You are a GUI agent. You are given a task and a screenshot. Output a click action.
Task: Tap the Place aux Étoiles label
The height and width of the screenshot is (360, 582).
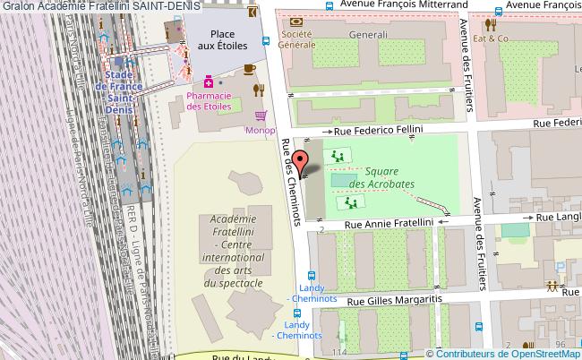pyautogui.click(x=216, y=39)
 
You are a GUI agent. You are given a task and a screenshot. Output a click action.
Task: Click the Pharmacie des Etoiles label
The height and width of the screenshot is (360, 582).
pyautogui.click(x=209, y=101)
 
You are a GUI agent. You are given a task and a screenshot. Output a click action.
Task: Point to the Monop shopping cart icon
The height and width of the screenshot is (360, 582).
pyautogui.click(x=261, y=116)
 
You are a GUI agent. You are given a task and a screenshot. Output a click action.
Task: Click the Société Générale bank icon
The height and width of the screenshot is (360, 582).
pyautogui.click(x=297, y=20)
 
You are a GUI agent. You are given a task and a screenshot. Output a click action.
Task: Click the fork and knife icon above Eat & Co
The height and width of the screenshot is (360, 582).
pyautogui.click(x=491, y=25)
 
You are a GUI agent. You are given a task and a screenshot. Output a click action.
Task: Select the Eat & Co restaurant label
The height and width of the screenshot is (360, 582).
pyautogui.click(x=491, y=39)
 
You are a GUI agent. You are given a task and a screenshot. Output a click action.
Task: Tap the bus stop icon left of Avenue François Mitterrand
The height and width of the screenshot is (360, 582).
pyautogui.click(x=329, y=5)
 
